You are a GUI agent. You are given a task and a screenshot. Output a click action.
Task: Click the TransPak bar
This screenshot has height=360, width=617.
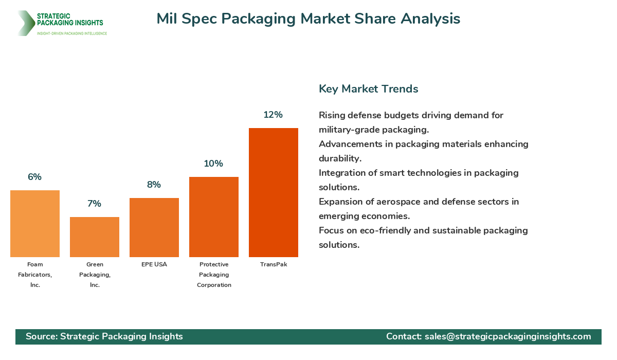tap(274, 192)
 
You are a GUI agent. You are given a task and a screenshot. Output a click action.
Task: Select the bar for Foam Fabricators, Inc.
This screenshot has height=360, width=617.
tap(35, 224)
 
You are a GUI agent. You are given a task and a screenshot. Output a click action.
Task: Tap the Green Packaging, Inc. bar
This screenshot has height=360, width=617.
tap(95, 237)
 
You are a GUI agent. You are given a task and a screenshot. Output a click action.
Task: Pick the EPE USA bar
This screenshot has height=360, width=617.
tap(154, 227)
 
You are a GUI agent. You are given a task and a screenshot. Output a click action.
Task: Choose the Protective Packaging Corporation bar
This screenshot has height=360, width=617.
tap(214, 217)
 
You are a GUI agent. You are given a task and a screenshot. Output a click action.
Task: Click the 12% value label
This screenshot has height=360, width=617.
tap(273, 115)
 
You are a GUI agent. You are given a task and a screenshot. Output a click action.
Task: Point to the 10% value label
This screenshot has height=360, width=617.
tap(213, 164)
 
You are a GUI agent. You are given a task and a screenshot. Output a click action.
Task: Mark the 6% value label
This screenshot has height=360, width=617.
tap(34, 177)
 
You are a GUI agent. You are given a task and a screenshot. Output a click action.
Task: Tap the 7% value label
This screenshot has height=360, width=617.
tap(94, 204)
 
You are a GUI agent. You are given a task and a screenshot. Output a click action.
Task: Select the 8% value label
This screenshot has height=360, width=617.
tap(154, 185)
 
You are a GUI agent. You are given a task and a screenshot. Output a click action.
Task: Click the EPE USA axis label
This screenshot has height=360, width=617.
tap(154, 264)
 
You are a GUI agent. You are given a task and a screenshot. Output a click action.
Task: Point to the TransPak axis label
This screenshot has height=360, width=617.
tap(274, 264)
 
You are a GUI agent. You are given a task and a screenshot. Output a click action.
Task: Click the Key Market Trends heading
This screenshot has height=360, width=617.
tap(368, 88)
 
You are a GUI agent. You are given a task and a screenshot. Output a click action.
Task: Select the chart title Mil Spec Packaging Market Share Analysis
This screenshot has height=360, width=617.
tap(308, 19)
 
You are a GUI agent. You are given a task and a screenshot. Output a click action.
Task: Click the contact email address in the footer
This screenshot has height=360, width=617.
tap(507, 336)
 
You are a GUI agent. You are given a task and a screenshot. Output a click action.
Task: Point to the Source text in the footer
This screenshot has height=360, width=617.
tap(104, 336)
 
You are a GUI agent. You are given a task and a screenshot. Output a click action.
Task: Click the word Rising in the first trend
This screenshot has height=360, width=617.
tap(333, 115)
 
